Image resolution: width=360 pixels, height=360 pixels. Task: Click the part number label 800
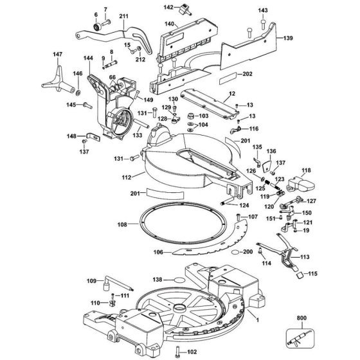pyautogui.click(x=301, y=318)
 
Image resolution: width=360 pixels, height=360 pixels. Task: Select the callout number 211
pyautogui.click(x=123, y=16)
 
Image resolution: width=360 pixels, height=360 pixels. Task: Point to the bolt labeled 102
pyautogui.click(x=177, y=352)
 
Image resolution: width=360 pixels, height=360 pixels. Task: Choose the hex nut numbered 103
pyautogui.click(x=190, y=116)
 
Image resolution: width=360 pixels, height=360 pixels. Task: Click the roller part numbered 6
pyautogui.click(x=97, y=26)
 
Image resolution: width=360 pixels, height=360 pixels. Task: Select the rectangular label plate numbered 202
pyautogui.click(x=228, y=78)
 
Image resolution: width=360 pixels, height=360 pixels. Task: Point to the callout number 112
pyautogui.click(x=127, y=177)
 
